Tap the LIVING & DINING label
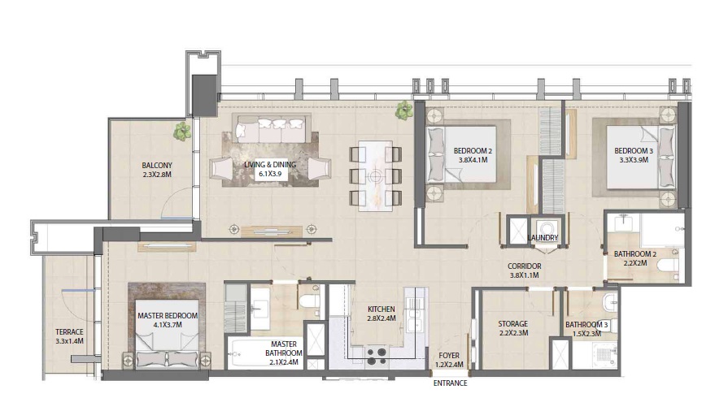click(x=270, y=165)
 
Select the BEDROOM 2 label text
click(x=470, y=149)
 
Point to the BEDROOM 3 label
click(x=633, y=150)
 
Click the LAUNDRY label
click(x=542, y=237)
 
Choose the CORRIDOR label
click(x=525, y=266)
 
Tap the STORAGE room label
click(x=513, y=323)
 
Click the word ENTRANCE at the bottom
click(x=450, y=383)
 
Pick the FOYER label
click(x=450, y=355)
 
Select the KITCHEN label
click(x=381, y=309)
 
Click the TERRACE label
click(x=70, y=331)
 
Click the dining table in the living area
click(x=375, y=175)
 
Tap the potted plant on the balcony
click(x=183, y=130)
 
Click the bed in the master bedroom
click(x=168, y=341)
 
